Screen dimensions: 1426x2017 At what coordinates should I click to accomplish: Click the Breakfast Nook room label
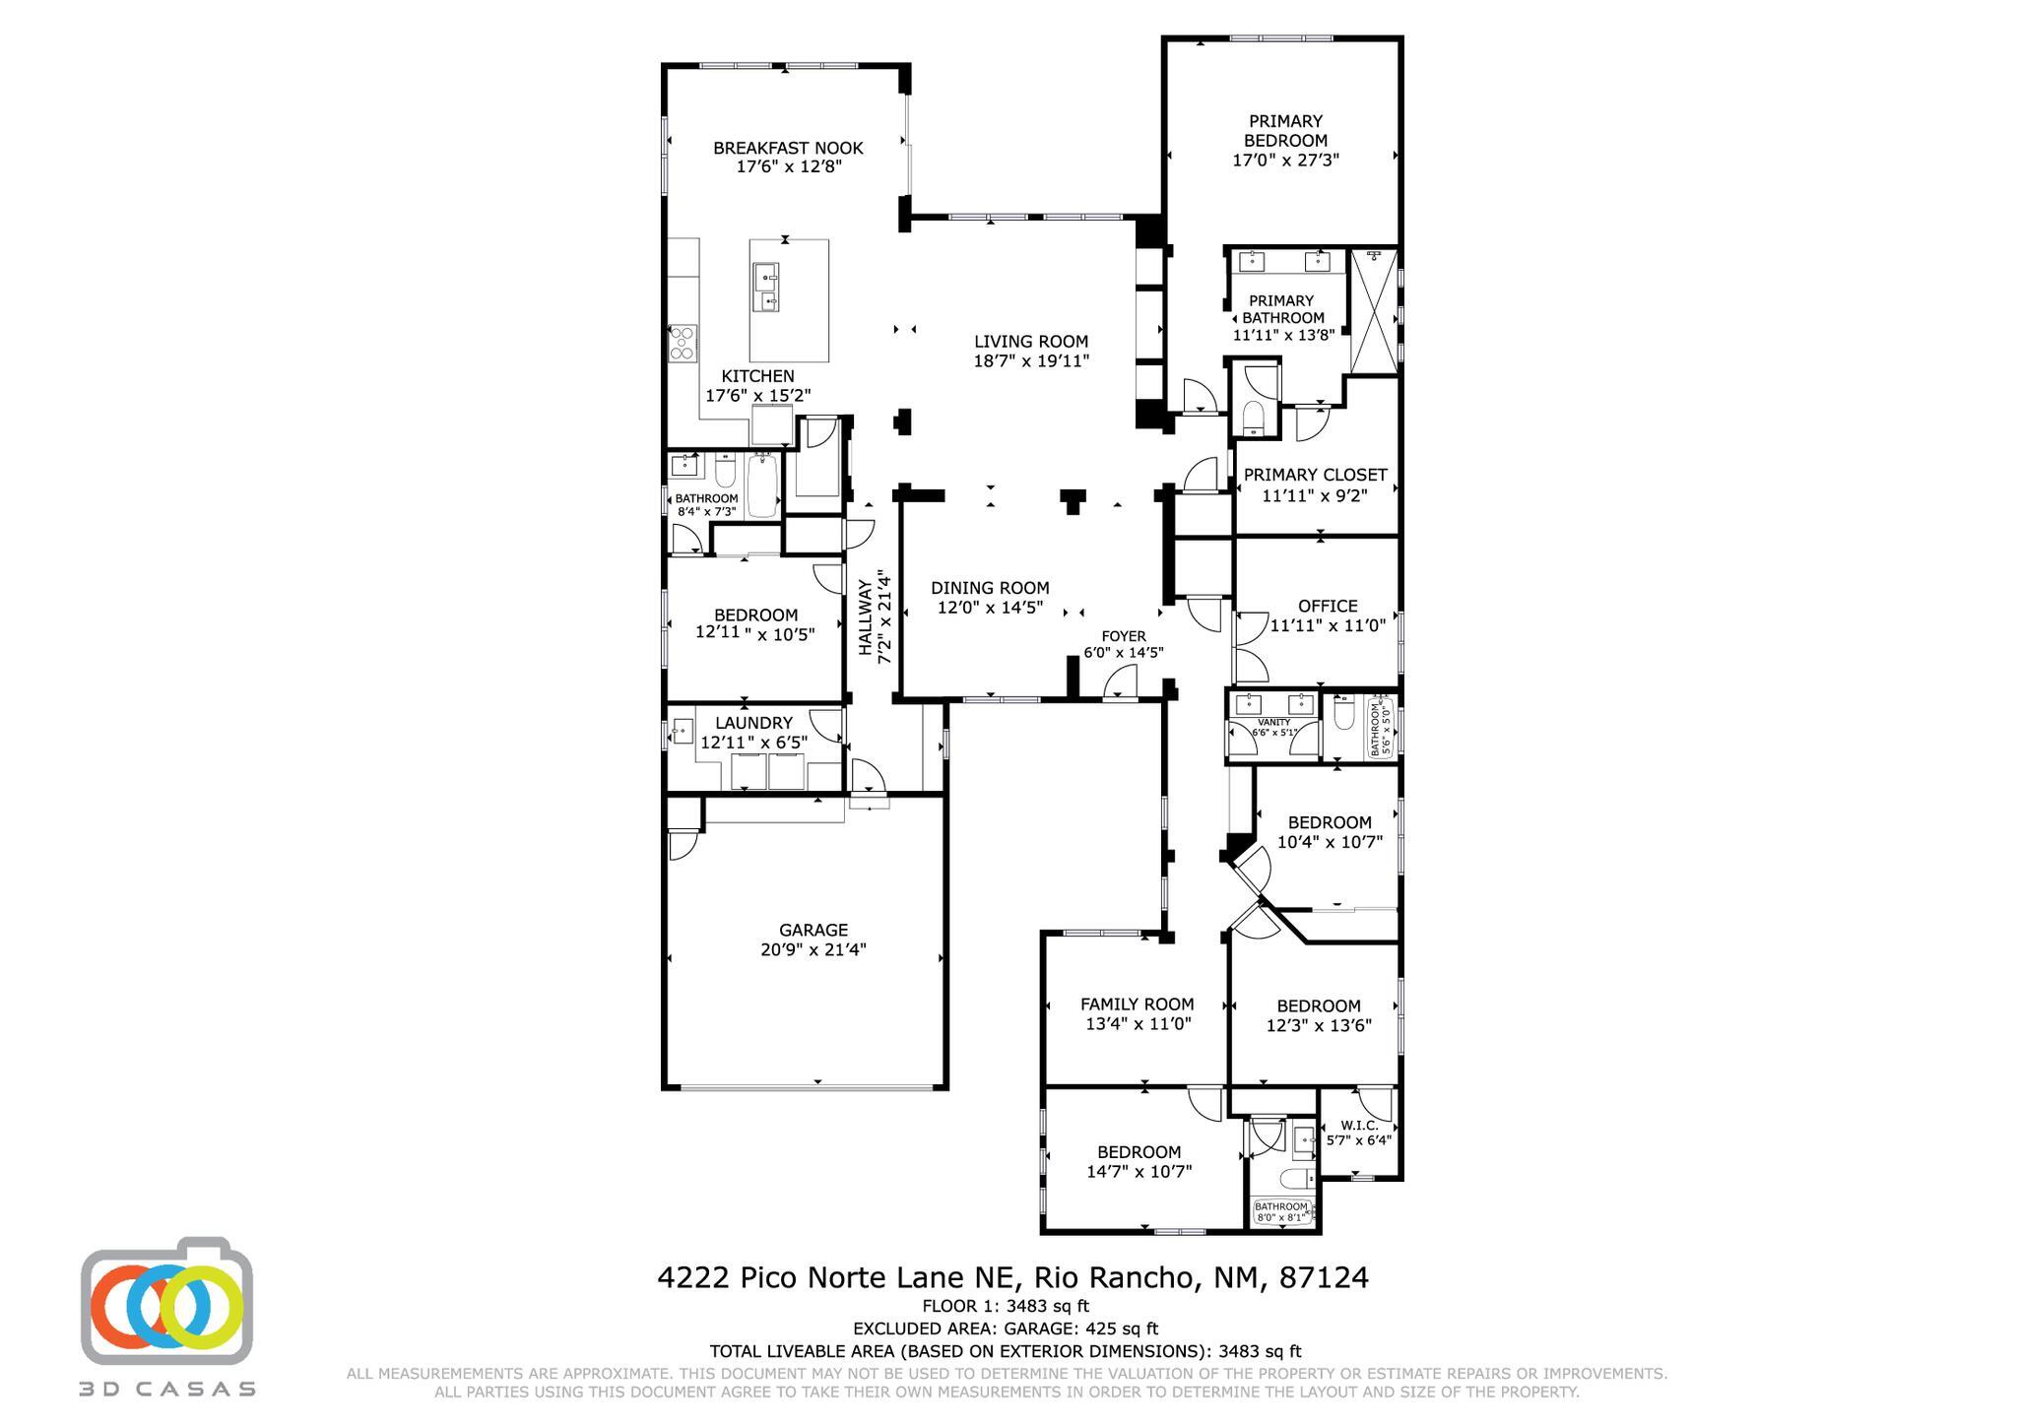[x=788, y=148]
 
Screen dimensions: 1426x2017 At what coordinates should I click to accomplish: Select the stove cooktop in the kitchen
[x=683, y=343]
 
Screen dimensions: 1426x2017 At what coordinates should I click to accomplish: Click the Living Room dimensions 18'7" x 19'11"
[x=1031, y=361]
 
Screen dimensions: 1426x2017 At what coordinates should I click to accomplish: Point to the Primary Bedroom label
[x=1285, y=130]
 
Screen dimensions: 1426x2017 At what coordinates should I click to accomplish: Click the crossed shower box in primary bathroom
[x=1374, y=311]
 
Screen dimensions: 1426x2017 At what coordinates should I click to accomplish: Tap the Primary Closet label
[x=1315, y=475]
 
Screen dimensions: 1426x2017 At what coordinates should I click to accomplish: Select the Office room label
[x=1328, y=606]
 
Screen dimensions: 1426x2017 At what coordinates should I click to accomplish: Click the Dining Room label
[x=990, y=588]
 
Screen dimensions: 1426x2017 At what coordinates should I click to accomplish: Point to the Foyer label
[x=1123, y=636]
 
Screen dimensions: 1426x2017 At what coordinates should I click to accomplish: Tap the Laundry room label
[x=753, y=723]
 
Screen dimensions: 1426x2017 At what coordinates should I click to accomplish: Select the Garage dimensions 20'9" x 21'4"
[x=813, y=950]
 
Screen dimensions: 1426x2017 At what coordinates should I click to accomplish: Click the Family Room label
[x=1137, y=1005]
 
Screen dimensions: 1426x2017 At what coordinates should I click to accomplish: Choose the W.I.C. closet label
[x=1358, y=1126]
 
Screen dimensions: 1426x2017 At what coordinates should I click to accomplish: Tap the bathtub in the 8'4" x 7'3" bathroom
[x=762, y=486]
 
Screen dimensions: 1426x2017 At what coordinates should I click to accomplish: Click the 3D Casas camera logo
[x=167, y=1303]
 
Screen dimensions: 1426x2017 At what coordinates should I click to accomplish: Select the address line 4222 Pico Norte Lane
[x=1012, y=1277]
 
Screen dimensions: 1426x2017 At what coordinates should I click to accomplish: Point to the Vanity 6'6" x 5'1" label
[x=1273, y=727]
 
